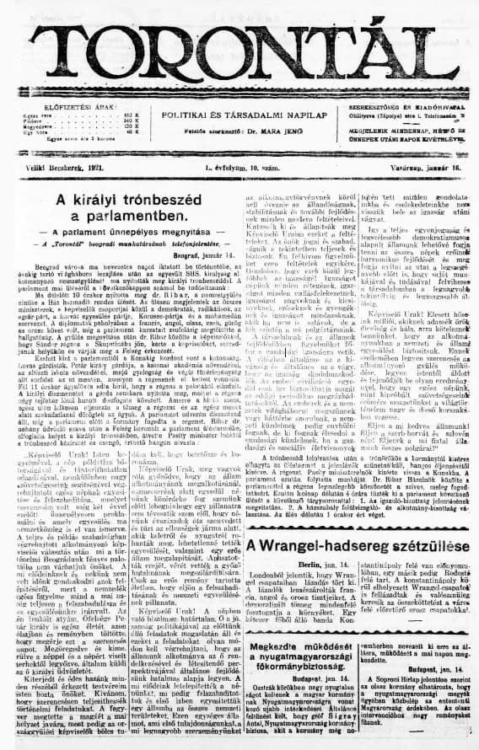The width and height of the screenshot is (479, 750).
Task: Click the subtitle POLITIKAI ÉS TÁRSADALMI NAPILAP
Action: point(239,112)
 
